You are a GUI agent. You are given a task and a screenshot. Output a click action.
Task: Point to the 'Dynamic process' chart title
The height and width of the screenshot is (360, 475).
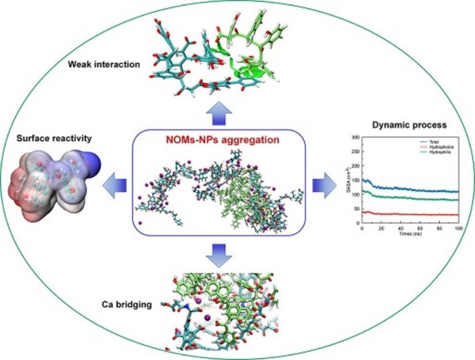coord(400,125)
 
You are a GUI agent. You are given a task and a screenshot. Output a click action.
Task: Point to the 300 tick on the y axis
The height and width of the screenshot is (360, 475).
coord(357,138)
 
